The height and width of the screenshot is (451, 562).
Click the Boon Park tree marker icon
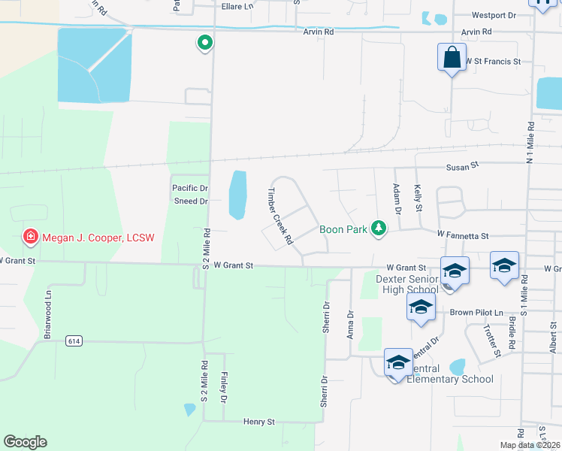click(x=380, y=229)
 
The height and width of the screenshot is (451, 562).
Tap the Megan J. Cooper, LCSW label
click(x=98, y=238)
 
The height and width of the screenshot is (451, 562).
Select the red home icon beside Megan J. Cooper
click(x=30, y=238)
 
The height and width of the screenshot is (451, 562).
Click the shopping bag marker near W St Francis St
click(x=451, y=58)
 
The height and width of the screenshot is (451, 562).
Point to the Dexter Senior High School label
click(x=406, y=284)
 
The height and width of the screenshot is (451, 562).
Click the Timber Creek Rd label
click(x=276, y=216)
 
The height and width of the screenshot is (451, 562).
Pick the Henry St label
click(x=259, y=422)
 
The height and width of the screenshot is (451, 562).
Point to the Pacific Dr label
click(x=189, y=188)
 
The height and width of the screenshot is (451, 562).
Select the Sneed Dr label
click(x=190, y=201)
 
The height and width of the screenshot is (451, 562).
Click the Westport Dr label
click(x=494, y=15)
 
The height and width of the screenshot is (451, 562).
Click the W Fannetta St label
click(x=464, y=235)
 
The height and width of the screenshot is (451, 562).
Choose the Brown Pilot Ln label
click(x=476, y=312)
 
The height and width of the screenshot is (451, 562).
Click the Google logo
click(x=25, y=442)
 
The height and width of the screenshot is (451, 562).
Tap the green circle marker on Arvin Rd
click(x=204, y=43)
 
